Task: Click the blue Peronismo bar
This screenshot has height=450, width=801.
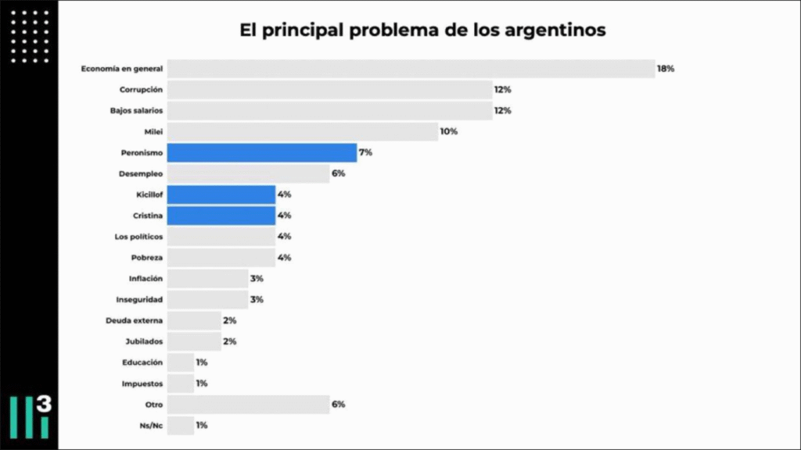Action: [x=262, y=152]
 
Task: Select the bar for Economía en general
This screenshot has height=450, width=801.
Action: [x=411, y=69]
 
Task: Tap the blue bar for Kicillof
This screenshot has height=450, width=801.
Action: [x=221, y=195]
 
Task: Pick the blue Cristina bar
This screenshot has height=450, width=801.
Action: [x=221, y=216]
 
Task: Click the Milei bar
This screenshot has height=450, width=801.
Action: [x=303, y=131]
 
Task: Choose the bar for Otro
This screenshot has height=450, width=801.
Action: [x=248, y=404]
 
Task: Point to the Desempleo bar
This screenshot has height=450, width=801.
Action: [x=248, y=173]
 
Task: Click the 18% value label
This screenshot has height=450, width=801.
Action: [x=666, y=69]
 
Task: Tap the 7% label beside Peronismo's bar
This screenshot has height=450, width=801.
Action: [x=365, y=152]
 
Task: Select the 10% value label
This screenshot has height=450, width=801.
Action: [x=448, y=131]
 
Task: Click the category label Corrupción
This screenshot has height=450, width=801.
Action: [x=141, y=90]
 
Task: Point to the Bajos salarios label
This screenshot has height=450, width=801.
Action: [x=136, y=111]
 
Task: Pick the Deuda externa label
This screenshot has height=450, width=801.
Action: [x=134, y=320]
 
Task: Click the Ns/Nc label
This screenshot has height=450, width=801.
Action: [x=150, y=425]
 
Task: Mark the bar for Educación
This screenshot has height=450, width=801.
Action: [x=181, y=362]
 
